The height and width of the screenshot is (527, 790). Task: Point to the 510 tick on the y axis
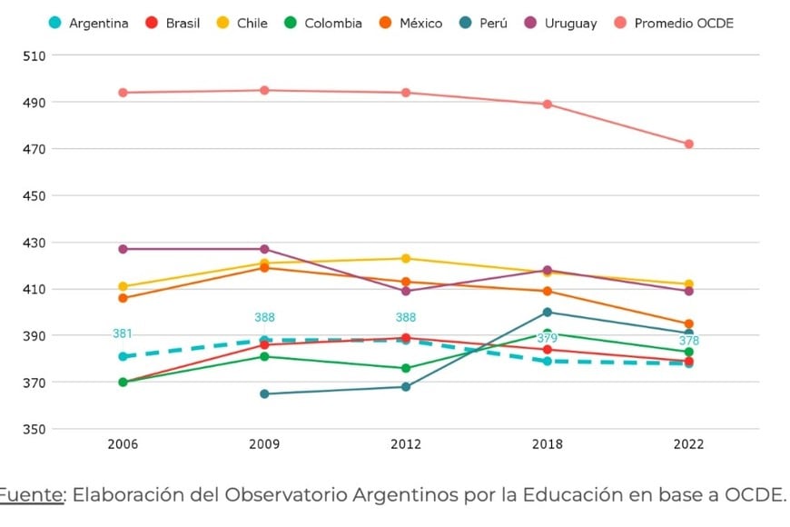point(35,55)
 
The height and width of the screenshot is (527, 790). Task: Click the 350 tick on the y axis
point(35,429)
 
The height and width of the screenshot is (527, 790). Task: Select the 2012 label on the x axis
point(406,444)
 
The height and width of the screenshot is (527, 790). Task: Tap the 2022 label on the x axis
point(688,444)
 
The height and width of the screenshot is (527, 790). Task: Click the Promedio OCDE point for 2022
point(689,144)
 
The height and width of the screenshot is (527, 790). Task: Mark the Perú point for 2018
point(548,313)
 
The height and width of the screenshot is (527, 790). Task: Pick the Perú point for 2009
point(264,393)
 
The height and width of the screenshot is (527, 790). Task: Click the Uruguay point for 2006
point(123,249)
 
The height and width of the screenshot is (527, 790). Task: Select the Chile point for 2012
point(406,258)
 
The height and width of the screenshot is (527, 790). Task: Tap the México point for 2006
point(123,298)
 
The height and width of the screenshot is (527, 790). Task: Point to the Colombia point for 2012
point(406,368)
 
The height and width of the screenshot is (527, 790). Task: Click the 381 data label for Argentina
point(123,333)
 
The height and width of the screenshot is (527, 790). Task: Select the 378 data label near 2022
point(689,341)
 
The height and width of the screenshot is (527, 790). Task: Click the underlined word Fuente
point(32,495)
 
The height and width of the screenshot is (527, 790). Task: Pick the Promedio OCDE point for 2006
point(123,93)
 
